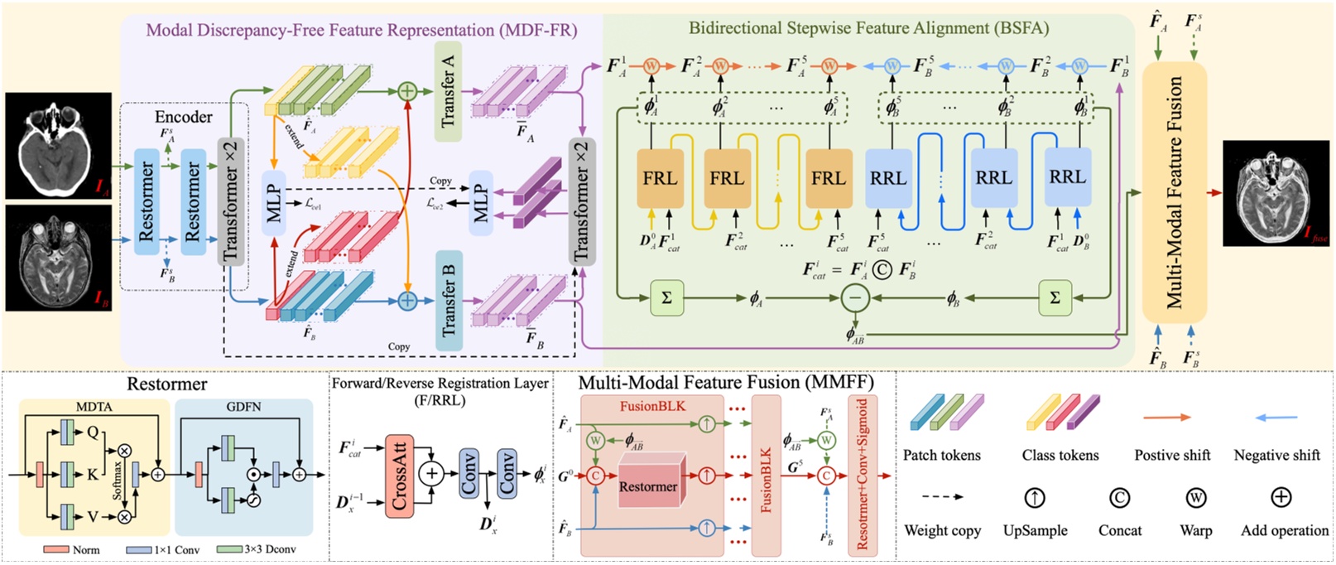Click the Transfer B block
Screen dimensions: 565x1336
click(x=448, y=299)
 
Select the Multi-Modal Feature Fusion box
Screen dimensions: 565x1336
click(x=1175, y=192)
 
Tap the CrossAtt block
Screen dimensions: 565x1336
click(x=399, y=476)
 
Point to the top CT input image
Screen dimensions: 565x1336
click(x=58, y=146)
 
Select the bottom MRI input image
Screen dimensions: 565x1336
click(x=58, y=258)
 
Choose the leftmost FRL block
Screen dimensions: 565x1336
click(x=660, y=178)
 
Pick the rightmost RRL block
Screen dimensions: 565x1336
click(x=1068, y=176)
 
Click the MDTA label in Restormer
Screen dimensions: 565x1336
click(x=94, y=407)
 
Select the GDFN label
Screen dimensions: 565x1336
click(x=243, y=407)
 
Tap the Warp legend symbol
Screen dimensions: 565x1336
click(x=1195, y=498)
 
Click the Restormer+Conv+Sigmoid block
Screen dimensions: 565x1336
click(x=863, y=474)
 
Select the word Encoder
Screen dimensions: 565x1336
click(x=184, y=117)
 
